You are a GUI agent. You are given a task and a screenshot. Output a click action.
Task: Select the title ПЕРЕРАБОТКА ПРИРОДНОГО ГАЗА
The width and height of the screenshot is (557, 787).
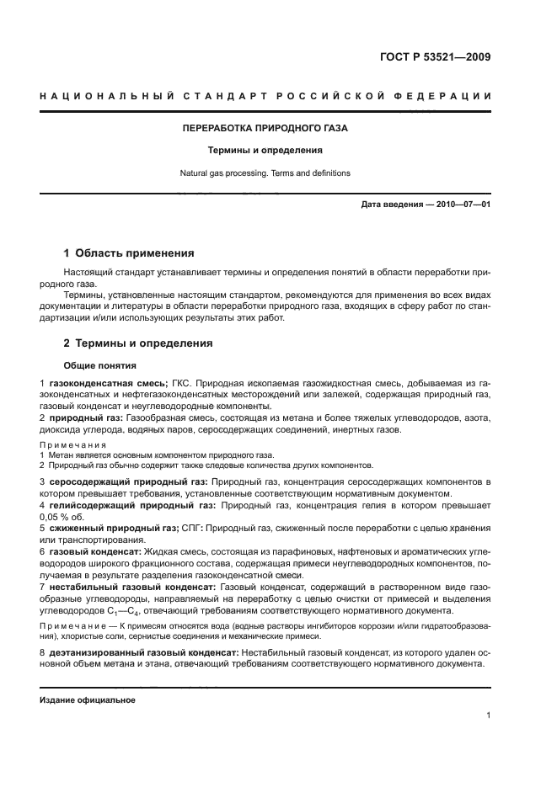coord(265,129)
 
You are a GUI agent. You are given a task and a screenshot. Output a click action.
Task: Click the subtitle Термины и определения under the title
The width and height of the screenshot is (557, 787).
coord(265,151)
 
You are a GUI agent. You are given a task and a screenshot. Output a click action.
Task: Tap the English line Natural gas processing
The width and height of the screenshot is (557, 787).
coord(265,173)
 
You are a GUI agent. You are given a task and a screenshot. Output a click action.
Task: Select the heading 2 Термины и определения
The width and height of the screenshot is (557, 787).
coord(138,343)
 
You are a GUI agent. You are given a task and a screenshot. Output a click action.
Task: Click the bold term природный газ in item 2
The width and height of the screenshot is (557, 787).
coord(86,417)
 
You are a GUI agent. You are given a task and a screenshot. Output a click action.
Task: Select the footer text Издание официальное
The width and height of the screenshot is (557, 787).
coord(88,700)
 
